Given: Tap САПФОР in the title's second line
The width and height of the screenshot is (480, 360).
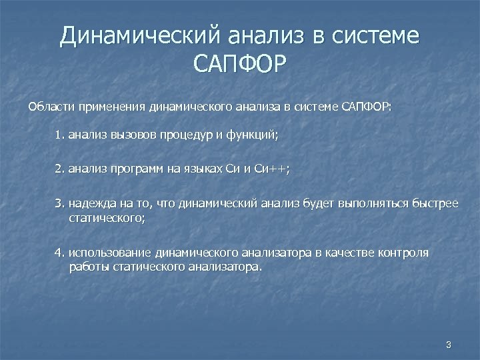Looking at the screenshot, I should click(239, 65).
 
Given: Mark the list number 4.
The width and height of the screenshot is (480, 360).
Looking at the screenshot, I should click(59, 253).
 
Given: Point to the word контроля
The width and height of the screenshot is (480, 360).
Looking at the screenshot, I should click(403, 253).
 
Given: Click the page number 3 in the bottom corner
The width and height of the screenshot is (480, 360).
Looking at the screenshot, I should click(448, 345).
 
